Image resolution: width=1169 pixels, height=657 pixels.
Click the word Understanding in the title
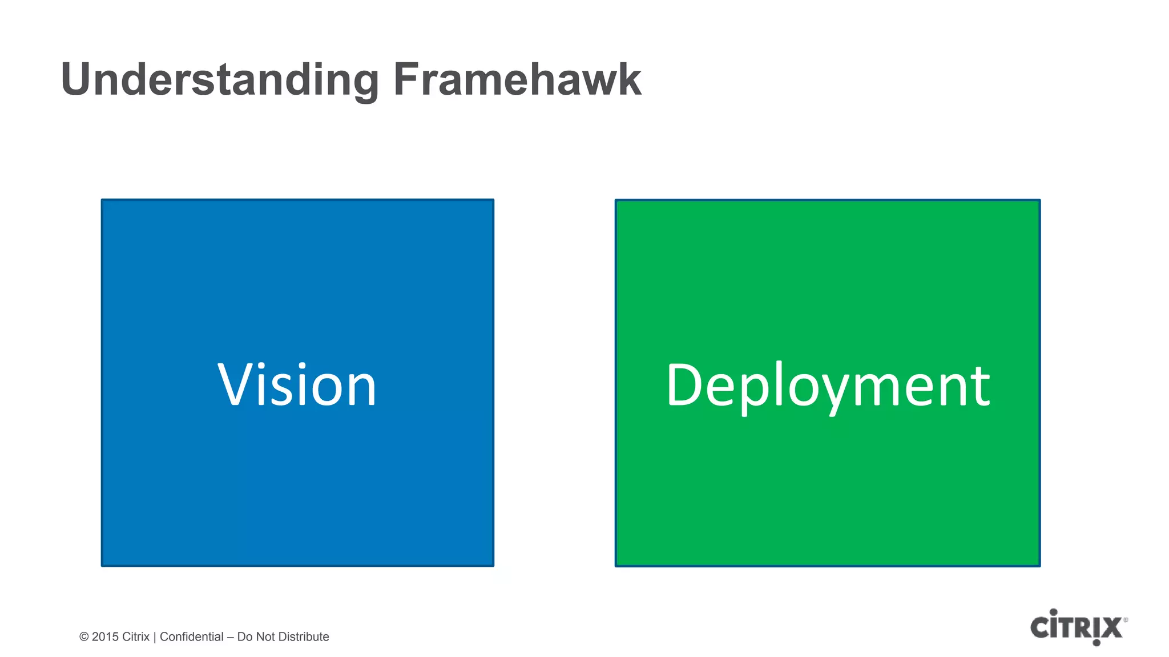click(220, 80)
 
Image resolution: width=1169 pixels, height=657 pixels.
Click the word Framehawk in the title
click(517, 80)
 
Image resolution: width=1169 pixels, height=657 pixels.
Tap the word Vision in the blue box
click(297, 386)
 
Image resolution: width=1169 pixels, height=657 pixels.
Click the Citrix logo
click(1078, 627)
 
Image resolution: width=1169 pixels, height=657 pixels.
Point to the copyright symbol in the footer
click(84, 637)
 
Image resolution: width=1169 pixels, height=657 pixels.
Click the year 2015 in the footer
click(105, 637)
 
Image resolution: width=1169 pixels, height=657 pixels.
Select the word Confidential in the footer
click(191, 637)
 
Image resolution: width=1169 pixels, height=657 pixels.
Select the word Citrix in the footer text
click(136, 637)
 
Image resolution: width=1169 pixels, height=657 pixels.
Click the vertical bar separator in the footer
click(155, 637)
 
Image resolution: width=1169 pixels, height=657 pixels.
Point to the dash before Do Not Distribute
click(231, 637)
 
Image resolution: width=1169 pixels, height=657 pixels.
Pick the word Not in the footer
click(265, 637)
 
